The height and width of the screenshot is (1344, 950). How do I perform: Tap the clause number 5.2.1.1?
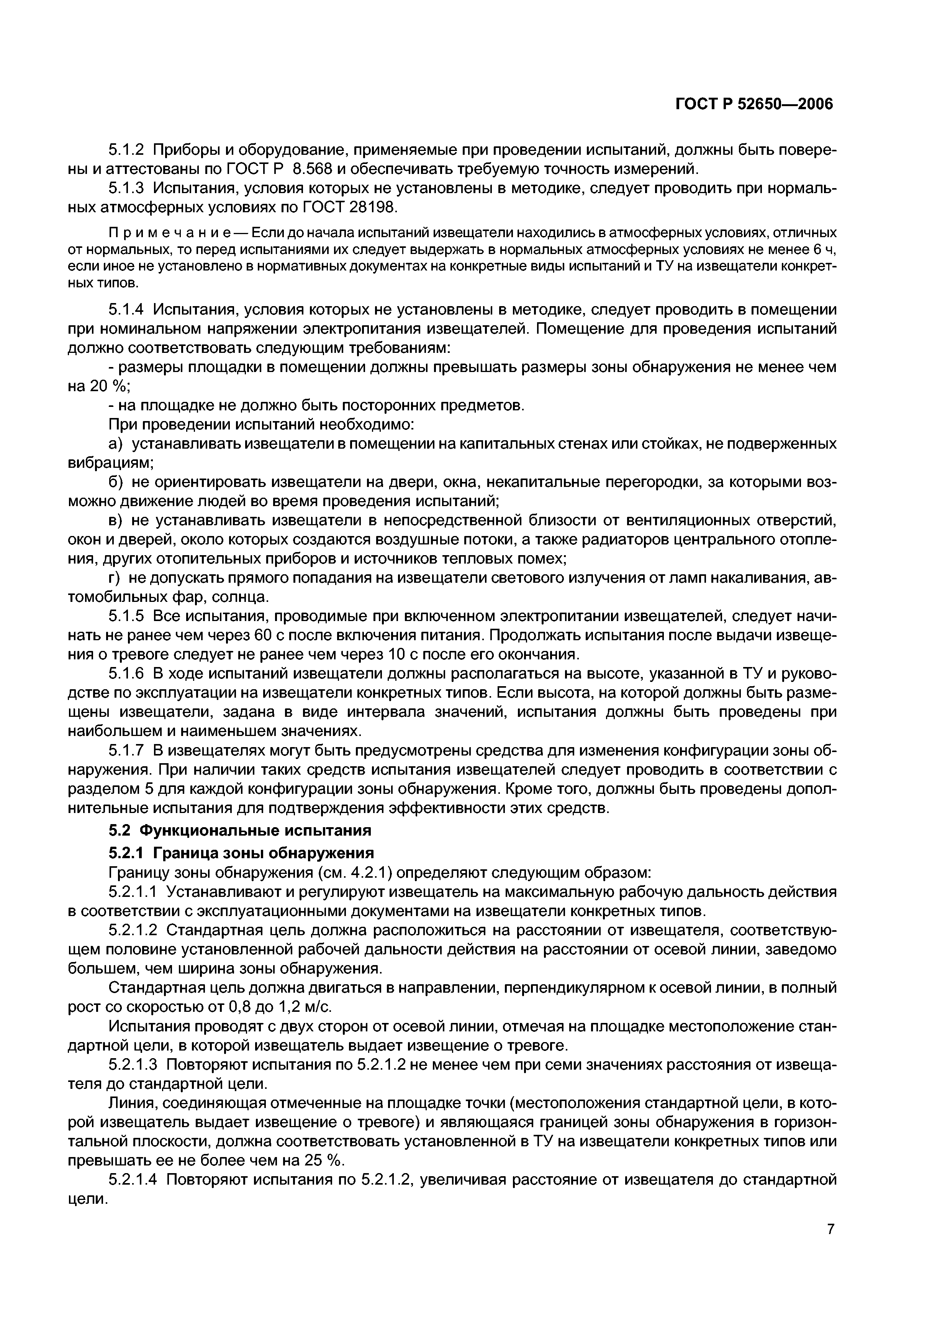pos(133,892)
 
